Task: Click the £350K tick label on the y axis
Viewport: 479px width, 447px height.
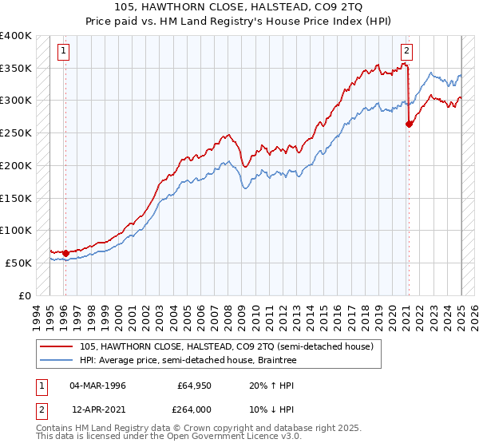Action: tap(16, 68)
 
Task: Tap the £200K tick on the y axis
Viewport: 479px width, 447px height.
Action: tap(16, 165)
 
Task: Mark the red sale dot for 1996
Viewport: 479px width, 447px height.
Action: tap(65, 253)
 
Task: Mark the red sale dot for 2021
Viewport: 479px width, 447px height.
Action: tap(409, 124)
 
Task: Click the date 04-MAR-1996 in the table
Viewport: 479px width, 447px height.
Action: tap(97, 386)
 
